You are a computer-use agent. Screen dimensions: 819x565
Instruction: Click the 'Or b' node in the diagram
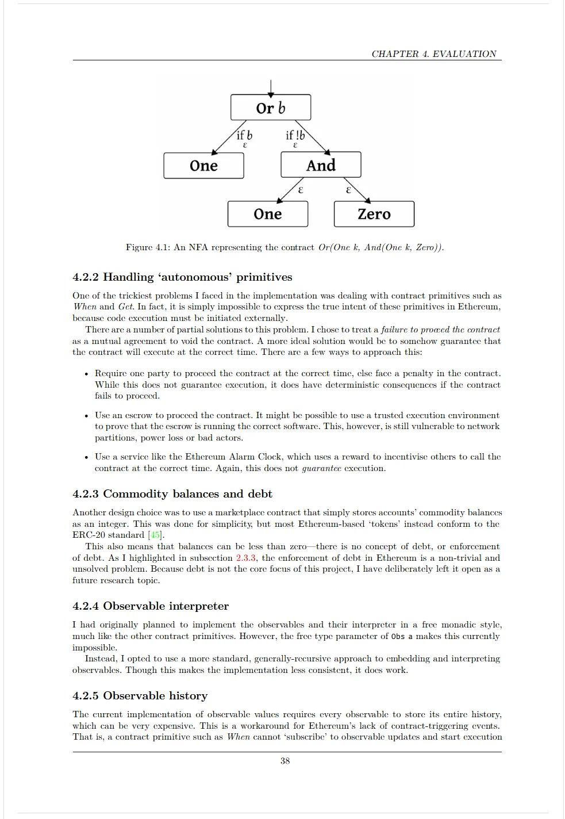(270, 108)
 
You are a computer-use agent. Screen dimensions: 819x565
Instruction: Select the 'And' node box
(321, 166)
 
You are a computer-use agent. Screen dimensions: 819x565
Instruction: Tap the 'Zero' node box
(374, 214)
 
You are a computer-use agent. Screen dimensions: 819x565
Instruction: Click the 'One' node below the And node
(268, 214)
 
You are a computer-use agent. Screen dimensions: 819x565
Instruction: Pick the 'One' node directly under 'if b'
(203, 166)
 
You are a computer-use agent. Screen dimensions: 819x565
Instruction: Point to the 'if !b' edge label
(295, 136)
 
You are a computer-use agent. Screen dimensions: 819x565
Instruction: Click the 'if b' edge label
(244, 136)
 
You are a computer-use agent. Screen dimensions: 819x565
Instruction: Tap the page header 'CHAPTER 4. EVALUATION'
(433, 54)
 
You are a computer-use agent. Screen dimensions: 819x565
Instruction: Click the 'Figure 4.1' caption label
(147, 247)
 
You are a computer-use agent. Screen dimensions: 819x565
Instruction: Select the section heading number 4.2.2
(86, 277)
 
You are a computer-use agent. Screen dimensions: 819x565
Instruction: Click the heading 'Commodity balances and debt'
(187, 494)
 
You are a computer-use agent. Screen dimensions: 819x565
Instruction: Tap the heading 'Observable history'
(155, 696)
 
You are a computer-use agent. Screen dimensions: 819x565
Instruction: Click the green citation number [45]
(155, 535)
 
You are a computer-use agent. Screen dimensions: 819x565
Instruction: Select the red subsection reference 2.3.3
(247, 558)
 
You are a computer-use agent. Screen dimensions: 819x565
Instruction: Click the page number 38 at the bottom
(285, 761)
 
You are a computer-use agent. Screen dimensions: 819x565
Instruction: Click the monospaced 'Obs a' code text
(402, 637)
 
